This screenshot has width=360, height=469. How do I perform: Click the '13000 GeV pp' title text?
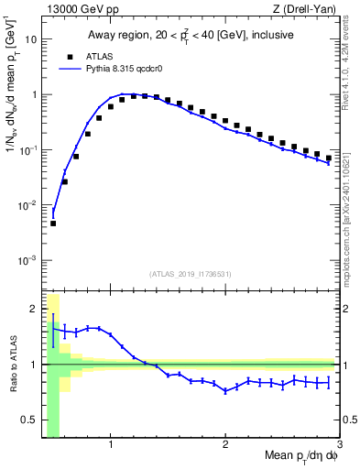[x=82, y=10]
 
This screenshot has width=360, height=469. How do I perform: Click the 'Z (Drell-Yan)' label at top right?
[x=308, y=10]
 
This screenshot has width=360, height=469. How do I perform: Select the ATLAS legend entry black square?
[x=70, y=57]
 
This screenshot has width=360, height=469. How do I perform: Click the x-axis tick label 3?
[x=339, y=445]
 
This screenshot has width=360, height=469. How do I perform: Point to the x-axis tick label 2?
[x=225, y=445]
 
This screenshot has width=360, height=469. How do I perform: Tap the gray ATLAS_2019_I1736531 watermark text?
[x=191, y=274]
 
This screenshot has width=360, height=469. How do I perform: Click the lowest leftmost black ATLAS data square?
[x=53, y=224]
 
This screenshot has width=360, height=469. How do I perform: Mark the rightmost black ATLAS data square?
[x=328, y=158]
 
